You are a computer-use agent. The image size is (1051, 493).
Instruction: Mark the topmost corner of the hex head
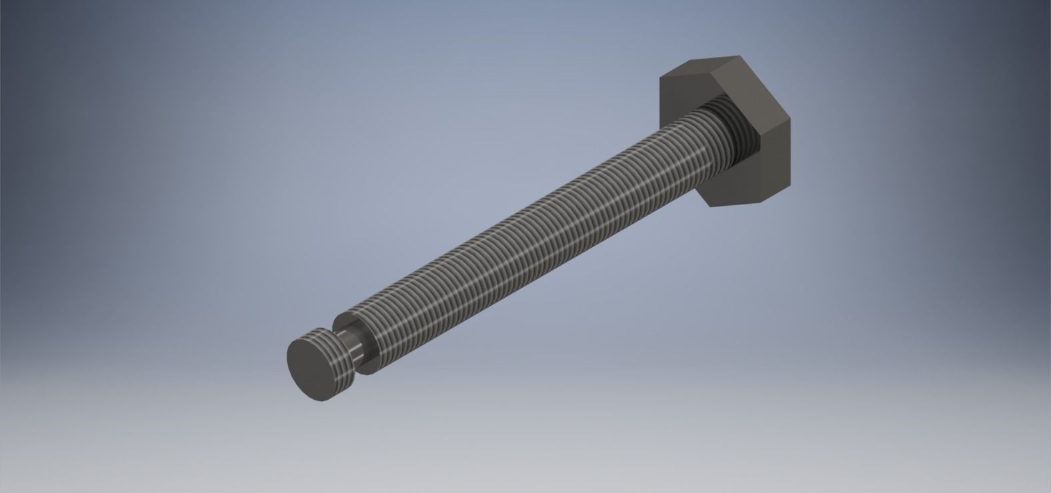740,57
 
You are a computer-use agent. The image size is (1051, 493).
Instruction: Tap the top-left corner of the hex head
660,79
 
